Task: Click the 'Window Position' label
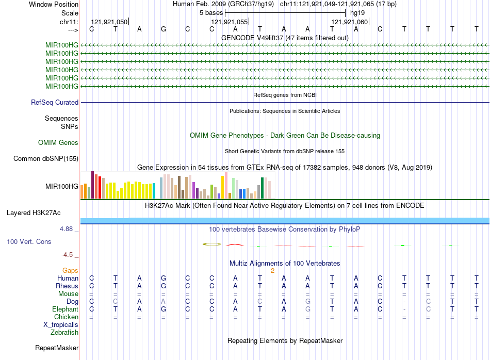pyautogui.click(x=54, y=4)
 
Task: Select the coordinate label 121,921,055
pyautogui.click(x=229, y=22)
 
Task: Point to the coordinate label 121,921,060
pyautogui.click(x=350, y=22)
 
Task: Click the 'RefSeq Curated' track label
pyautogui.click(x=55, y=103)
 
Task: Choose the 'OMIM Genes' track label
pyautogui.click(x=58, y=142)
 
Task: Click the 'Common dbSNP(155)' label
pyautogui.click(x=46, y=159)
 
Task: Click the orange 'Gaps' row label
pyautogui.click(x=70, y=270)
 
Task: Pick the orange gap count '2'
pyautogui.click(x=272, y=270)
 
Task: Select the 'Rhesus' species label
pyautogui.click(x=67, y=286)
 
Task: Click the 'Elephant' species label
pyautogui.click(x=65, y=309)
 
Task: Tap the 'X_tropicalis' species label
pyautogui.click(x=61, y=325)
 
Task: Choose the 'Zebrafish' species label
pyautogui.click(x=64, y=333)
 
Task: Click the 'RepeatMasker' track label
pyautogui.click(x=57, y=348)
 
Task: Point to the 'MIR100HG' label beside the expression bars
pyautogui.click(x=62, y=186)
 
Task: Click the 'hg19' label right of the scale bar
pyautogui.click(x=357, y=12)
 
